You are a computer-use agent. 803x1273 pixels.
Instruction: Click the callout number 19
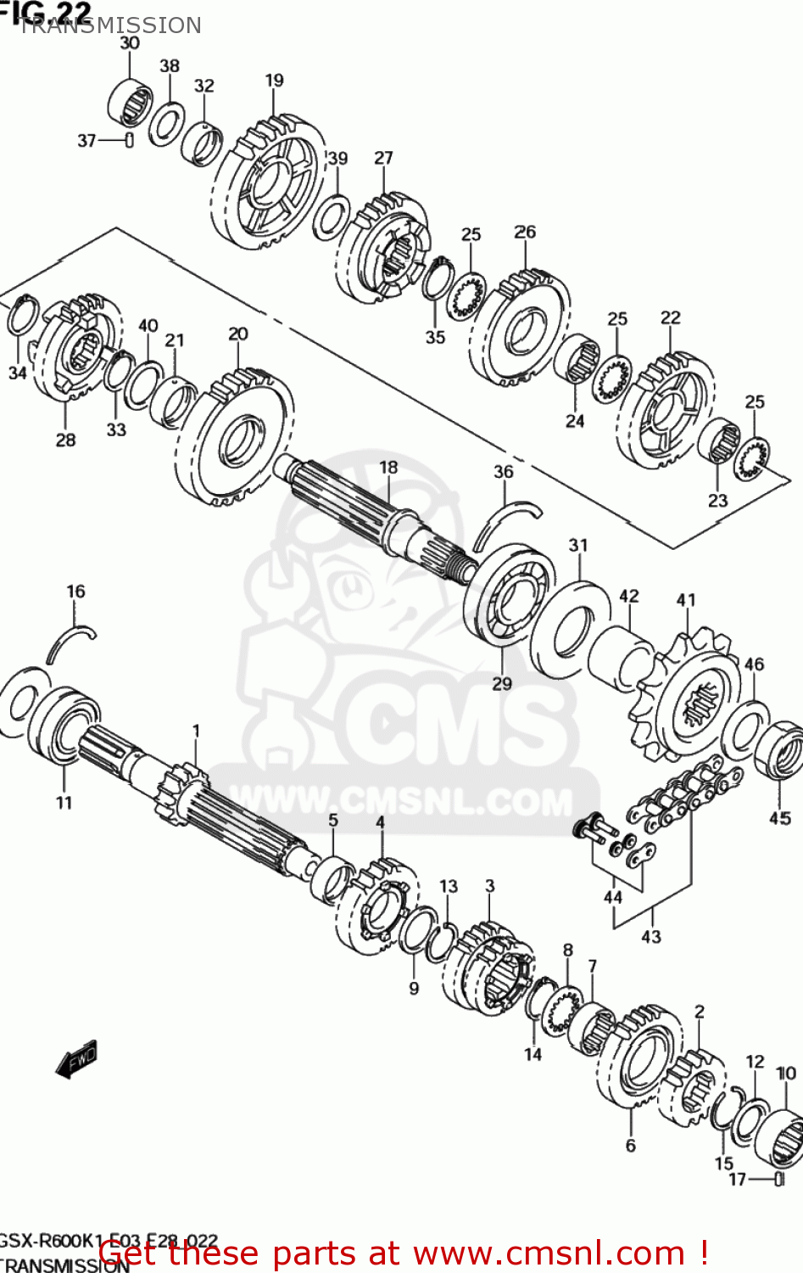274,81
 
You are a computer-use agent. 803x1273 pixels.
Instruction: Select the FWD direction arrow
77,1058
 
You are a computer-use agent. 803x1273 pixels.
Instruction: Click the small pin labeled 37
129,140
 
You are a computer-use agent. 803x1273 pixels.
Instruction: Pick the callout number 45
779,817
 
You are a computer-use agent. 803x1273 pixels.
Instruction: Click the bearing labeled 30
131,104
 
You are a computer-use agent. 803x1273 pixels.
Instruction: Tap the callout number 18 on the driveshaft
388,468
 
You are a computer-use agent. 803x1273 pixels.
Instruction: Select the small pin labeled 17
779,1178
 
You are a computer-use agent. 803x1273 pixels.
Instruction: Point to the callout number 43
651,936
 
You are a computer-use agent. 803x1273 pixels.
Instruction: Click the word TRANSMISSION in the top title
110,25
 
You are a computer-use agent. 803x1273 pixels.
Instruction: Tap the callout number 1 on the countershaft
196,731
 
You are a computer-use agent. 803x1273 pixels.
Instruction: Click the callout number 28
65,440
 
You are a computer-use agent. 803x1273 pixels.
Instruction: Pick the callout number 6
630,1145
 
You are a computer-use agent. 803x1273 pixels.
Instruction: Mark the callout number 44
612,896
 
